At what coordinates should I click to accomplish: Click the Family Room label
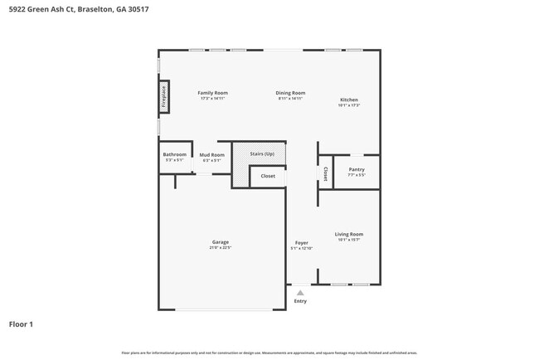(x=212, y=93)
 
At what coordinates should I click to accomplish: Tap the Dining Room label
(x=290, y=93)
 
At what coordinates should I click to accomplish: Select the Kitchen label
(x=348, y=100)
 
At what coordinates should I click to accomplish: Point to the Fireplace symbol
(x=163, y=97)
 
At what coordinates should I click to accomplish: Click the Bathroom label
(x=174, y=154)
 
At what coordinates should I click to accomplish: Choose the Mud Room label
(x=211, y=155)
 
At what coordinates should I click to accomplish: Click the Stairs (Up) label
(x=262, y=154)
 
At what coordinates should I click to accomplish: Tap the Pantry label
(x=357, y=169)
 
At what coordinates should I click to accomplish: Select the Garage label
(x=220, y=242)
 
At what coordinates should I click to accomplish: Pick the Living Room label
(x=349, y=234)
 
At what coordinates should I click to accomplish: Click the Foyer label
(x=301, y=243)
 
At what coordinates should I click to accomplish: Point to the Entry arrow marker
(x=300, y=293)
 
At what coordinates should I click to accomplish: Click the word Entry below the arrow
(x=300, y=301)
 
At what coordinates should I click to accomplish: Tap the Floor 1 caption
(x=21, y=324)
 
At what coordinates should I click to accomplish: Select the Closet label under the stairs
(x=268, y=176)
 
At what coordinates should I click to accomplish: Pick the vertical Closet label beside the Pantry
(x=325, y=173)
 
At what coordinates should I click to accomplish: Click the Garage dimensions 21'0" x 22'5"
(x=220, y=248)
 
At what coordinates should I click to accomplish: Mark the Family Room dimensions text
(x=212, y=99)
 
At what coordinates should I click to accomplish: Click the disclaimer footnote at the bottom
(x=269, y=353)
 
